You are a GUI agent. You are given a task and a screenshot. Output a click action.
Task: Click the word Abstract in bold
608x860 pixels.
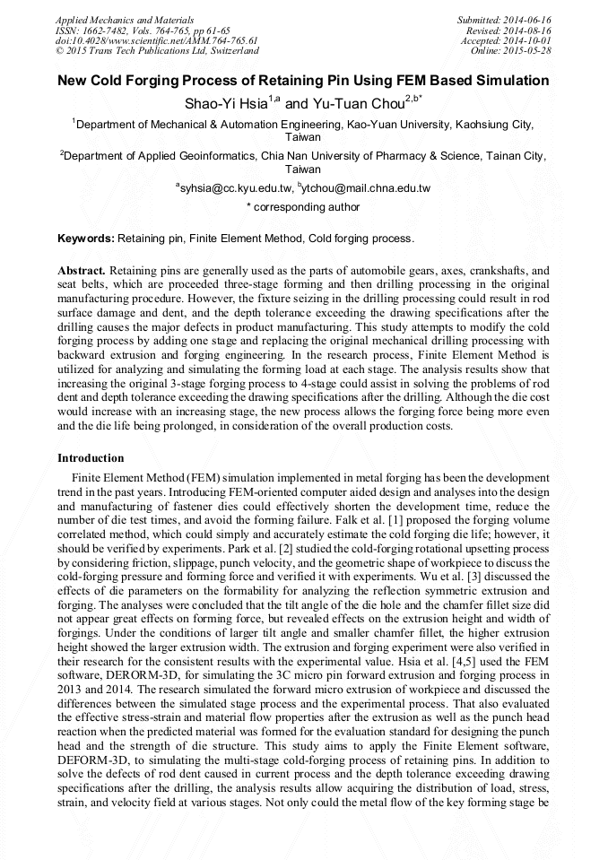coord(82,270)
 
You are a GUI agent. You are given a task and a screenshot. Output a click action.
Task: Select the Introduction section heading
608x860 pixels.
coord(91,457)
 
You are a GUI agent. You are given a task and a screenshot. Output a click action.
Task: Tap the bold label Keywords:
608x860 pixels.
coord(86,239)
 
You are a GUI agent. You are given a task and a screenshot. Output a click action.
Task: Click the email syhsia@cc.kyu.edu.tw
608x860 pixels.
coord(237,188)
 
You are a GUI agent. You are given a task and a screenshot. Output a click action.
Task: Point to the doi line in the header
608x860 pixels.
coord(156,40)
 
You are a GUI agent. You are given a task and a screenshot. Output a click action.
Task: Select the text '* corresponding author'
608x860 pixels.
coord(303,207)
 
